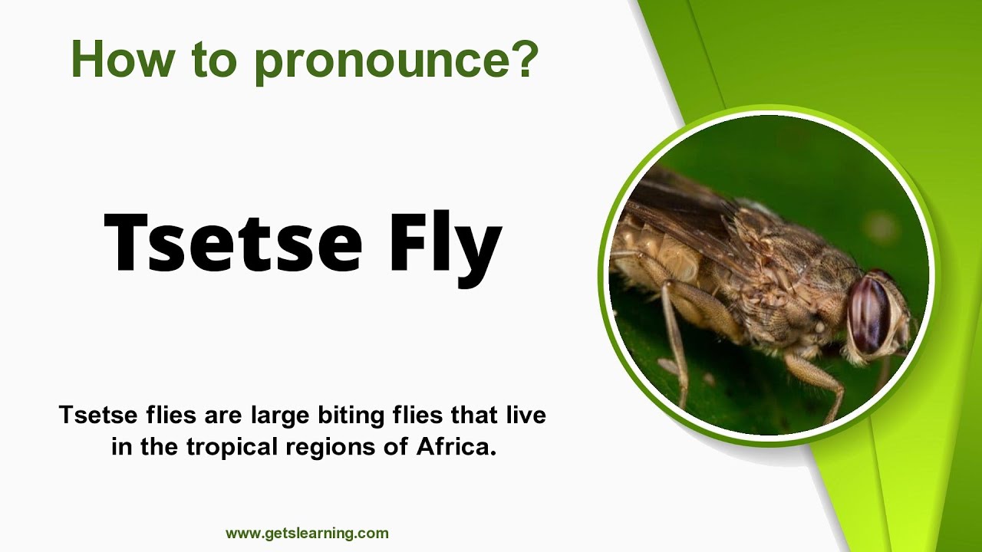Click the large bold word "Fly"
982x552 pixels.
(445, 242)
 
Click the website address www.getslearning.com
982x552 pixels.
(307, 533)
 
